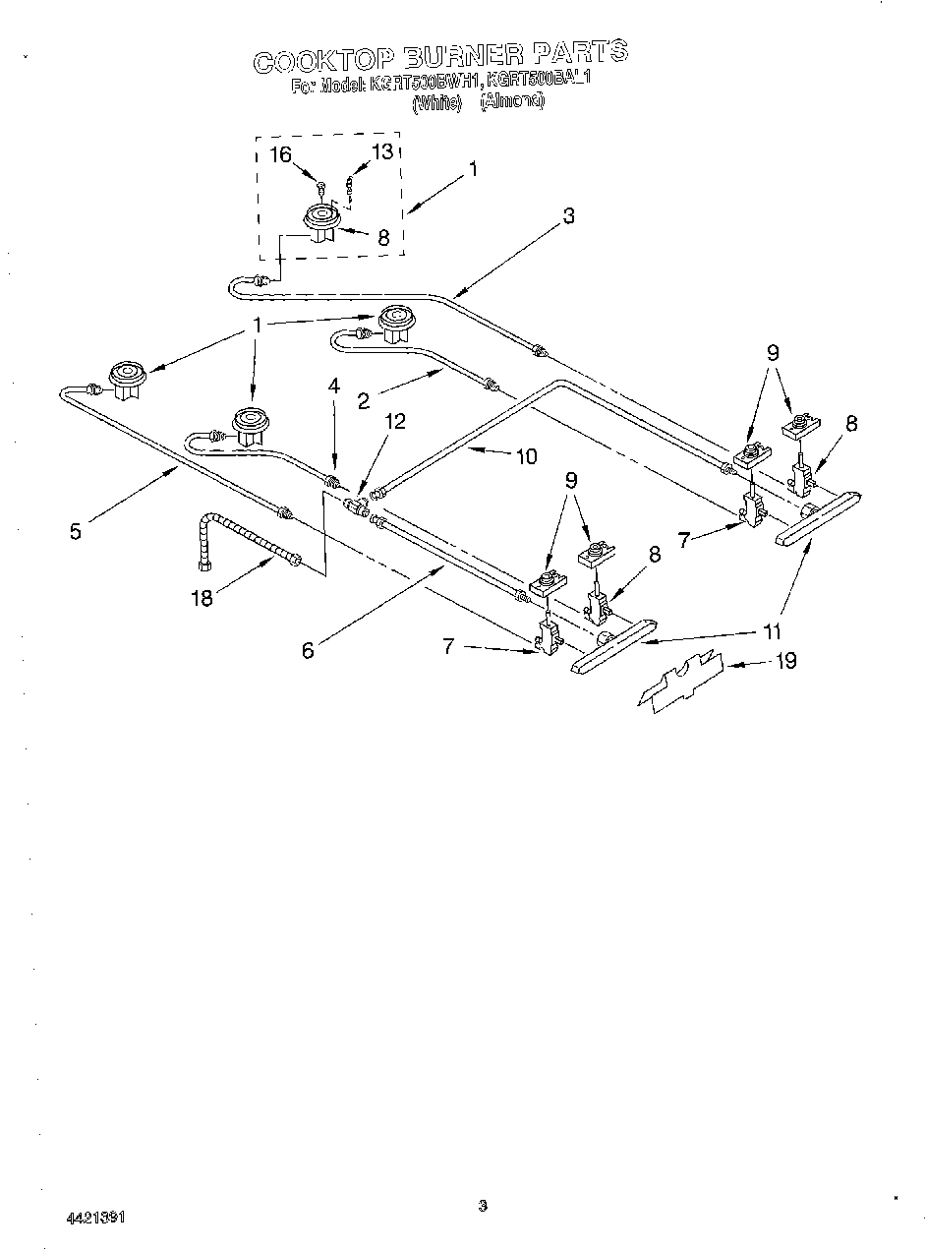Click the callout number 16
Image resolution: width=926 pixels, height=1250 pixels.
[281, 153]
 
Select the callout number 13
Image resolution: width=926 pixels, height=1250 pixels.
[380, 151]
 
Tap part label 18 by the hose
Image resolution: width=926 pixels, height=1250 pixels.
[202, 597]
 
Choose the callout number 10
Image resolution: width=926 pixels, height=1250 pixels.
[527, 455]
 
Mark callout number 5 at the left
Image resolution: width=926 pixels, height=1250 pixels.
[76, 531]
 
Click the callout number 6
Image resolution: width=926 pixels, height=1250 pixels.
[308, 650]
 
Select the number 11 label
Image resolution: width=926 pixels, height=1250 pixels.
[775, 632]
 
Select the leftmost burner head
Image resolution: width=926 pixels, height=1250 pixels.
[128, 378]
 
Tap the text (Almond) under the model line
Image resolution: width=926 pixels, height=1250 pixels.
[511, 101]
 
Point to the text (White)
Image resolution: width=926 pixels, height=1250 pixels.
[436, 101]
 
